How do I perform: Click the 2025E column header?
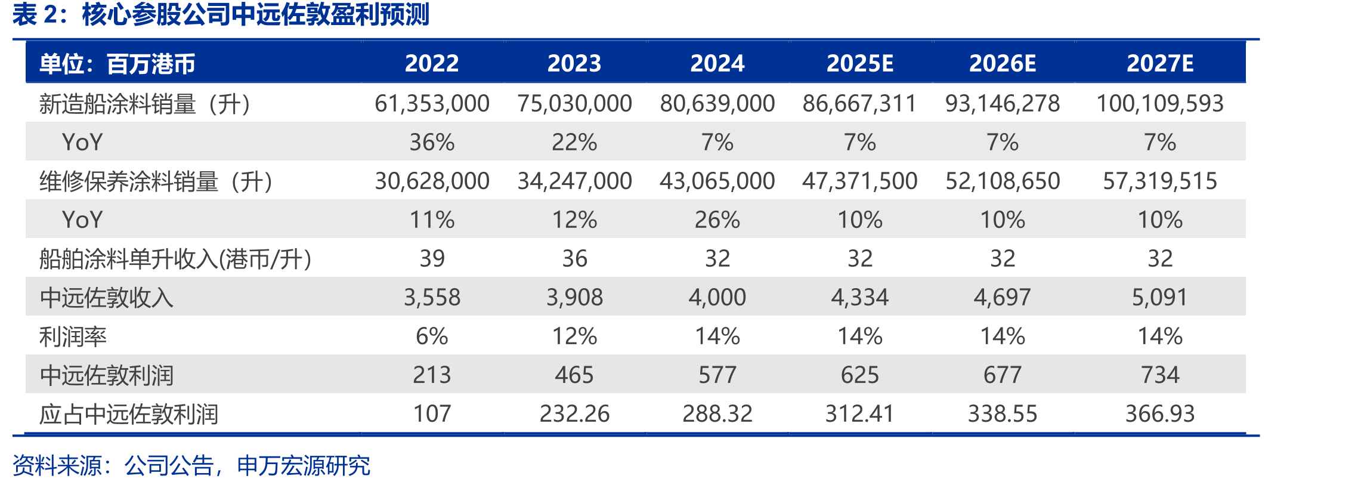point(859,63)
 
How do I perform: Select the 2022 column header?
point(432,63)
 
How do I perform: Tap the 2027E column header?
point(1160,63)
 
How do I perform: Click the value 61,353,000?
point(432,103)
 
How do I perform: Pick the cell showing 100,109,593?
point(1160,103)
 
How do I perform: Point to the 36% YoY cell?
point(432,142)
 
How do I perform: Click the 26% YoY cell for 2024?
point(717,220)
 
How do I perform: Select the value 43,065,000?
point(717,181)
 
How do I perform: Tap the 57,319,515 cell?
point(1160,181)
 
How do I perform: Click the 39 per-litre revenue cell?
point(432,258)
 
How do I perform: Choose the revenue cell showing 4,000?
point(717,297)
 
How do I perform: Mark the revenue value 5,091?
point(1160,297)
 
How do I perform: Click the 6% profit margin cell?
point(432,336)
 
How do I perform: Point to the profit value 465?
point(574,375)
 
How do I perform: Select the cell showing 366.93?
point(1160,413)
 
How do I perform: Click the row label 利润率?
point(73,336)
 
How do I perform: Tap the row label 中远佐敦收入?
point(106,298)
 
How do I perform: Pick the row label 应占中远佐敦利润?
point(129,414)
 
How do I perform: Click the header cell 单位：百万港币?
point(117,64)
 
